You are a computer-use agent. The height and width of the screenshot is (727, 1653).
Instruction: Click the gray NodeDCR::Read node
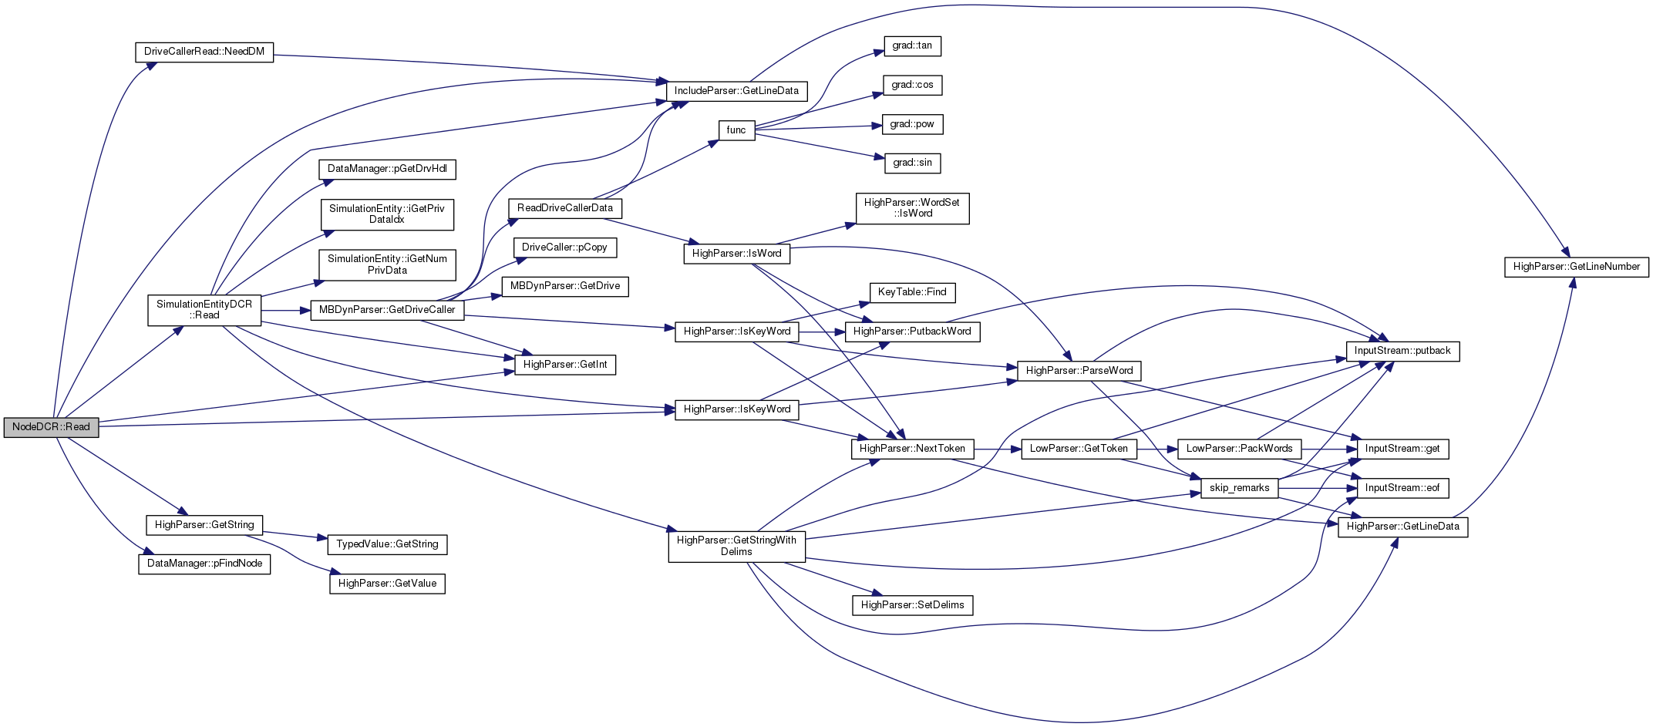51,427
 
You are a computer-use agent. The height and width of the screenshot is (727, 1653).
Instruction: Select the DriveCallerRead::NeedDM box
204,52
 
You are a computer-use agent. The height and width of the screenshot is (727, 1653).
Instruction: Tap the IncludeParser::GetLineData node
736,91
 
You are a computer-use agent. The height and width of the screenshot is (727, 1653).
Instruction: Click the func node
736,130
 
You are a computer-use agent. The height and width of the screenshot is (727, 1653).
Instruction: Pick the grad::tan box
912,46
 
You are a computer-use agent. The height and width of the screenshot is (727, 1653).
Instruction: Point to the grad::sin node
912,163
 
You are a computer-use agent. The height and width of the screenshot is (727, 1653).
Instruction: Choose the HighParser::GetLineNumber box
1577,267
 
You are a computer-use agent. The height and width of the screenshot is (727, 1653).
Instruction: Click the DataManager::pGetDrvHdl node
387,169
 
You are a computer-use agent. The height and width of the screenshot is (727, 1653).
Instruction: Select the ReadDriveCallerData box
565,208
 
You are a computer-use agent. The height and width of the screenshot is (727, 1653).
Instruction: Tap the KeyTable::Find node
912,292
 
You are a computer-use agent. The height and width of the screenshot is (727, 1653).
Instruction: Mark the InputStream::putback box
1402,351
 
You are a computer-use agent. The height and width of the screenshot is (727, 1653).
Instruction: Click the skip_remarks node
1239,488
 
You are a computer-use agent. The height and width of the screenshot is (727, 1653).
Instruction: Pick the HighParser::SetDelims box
912,605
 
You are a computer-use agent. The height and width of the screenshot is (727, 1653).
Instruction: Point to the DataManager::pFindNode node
204,564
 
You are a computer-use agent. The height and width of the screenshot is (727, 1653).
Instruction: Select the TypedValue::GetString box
387,544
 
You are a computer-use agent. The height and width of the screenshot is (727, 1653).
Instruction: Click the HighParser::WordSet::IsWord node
912,208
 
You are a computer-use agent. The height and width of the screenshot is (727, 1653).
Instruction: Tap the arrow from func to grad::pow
817,127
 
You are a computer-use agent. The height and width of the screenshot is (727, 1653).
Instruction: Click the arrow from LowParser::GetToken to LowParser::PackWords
1156,449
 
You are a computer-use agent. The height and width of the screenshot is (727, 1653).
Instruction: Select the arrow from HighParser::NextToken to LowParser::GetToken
998,449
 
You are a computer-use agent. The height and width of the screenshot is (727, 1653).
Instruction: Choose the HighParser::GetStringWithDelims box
736,546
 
